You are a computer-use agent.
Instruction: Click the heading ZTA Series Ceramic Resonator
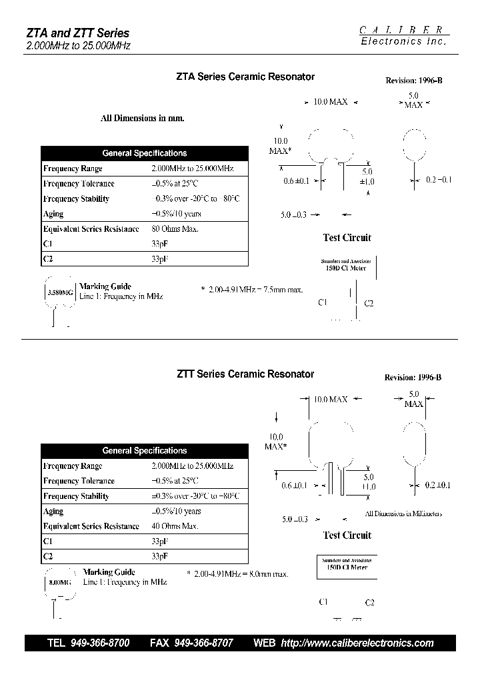(x=245, y=77)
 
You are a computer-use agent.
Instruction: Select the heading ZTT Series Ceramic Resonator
(x=245, y=374)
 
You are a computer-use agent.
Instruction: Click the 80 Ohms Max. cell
(x=175, y=229)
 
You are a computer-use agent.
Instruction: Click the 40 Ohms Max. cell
(x=175, y=526)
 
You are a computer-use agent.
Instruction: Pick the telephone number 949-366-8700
(x=99, y=643)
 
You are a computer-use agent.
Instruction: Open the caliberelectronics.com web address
(x=357, y=643)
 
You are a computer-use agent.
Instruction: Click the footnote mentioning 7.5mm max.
(x=251, y=290)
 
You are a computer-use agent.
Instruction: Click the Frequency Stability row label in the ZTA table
(x=76, y=199)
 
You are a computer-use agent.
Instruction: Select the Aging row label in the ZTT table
(x=53, y=511)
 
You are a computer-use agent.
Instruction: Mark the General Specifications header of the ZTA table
(x=145, y=153)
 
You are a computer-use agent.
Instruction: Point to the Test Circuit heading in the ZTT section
(x=347, y=535)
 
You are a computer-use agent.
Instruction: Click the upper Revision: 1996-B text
(x=413, y=81)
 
